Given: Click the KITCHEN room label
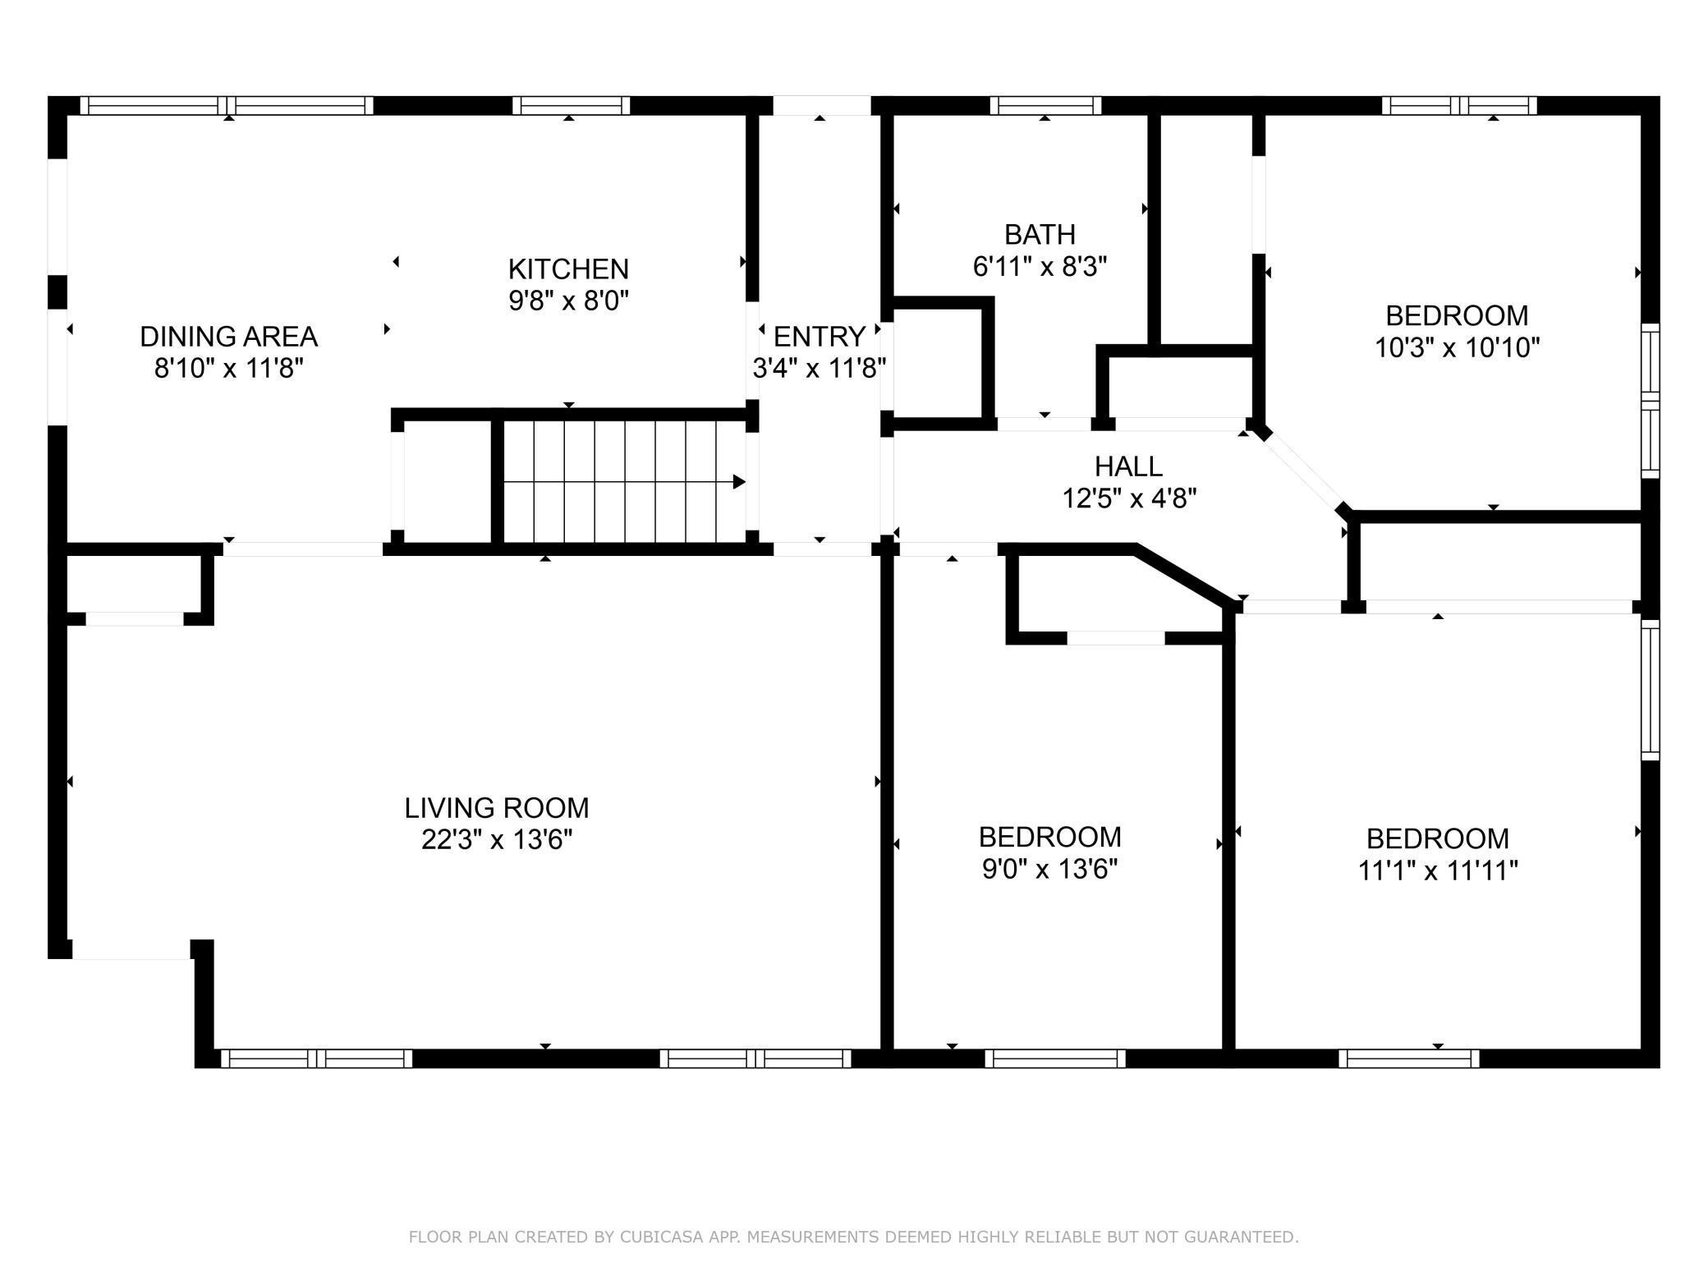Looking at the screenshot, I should click(568, 269).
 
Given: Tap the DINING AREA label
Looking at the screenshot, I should click(228, 337).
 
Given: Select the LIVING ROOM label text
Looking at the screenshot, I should click(496, 808).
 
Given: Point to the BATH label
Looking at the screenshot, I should click(1040, 235).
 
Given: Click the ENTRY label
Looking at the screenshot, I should click(819, 337).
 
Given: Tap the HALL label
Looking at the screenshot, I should click(1128, 466).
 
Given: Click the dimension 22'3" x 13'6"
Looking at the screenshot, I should click(496, 840).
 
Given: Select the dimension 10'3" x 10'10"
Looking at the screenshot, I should click(1457, 348).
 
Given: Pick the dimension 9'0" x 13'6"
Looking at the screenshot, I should click(1049, 869).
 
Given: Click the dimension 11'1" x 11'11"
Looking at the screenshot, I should click(1437, 870).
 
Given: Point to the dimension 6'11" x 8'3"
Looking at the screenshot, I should click(1040, 267).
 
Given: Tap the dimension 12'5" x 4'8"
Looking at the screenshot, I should click(1128, 498).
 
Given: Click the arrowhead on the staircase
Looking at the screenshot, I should click(739, 482).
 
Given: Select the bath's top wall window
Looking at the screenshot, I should click(1045, 105).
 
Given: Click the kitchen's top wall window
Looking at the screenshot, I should click(571, 105).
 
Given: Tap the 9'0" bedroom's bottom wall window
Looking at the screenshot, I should click(1054, 1059).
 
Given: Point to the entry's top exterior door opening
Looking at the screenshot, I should click(821, 105).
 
